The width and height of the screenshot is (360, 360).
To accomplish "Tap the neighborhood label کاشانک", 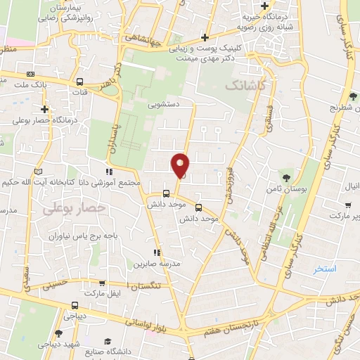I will point(246,84).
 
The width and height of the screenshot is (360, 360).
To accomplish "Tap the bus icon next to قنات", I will point(79,82).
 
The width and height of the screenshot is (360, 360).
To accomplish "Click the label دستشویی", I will point(163,103).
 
